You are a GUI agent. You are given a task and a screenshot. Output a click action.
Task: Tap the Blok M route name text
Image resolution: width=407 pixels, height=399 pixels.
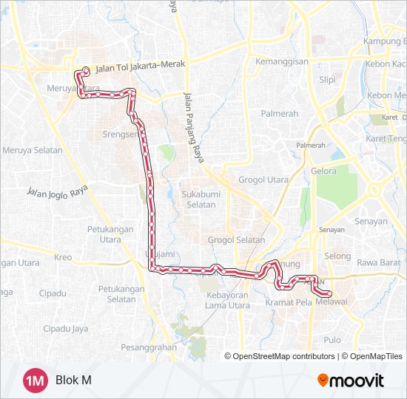[x=73, y=381]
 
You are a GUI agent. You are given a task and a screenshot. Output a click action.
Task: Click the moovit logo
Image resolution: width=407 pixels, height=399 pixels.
[x=351, y=381]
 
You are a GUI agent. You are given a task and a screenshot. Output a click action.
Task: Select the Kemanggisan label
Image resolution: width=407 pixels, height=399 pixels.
[x=281, y=61]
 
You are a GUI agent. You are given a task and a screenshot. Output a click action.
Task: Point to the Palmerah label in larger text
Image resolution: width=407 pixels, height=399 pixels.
[x=279, y=114]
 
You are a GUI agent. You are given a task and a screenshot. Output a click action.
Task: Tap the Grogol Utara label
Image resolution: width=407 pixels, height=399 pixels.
[x=263, y=180]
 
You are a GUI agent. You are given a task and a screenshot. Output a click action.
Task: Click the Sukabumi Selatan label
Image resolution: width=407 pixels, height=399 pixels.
[x=198, y=199]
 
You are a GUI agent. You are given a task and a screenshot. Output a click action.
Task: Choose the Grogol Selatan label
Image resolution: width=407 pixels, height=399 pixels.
[x=236, y=240]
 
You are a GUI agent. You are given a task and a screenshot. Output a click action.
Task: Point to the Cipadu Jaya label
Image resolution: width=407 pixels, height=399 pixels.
[x=66, y=328]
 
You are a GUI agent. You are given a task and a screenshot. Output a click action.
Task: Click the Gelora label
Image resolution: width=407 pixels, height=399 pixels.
[x=323, y=171]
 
